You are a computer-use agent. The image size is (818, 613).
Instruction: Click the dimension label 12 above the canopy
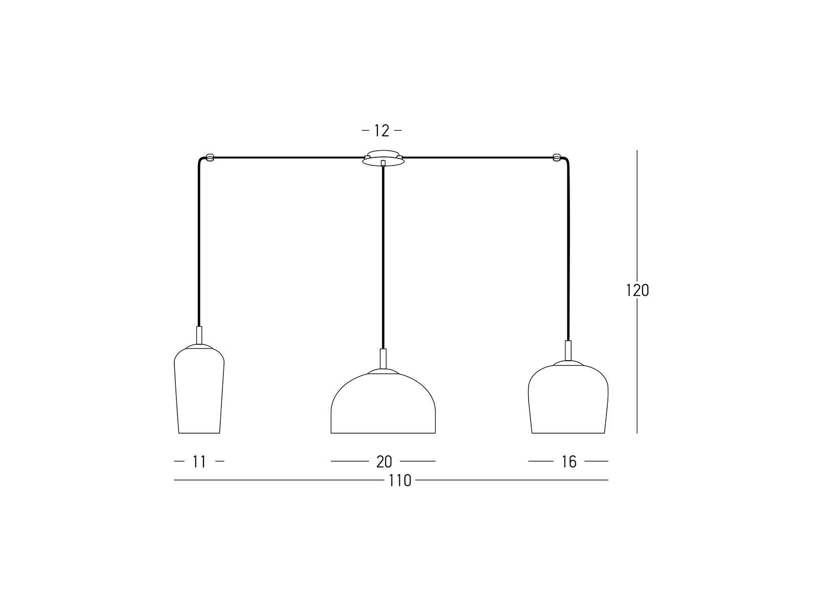pos(381,131)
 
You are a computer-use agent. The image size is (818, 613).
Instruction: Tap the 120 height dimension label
pos(637,290)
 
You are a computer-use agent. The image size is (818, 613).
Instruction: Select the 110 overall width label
pos(400,481)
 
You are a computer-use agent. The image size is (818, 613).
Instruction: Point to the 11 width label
pos(199,462)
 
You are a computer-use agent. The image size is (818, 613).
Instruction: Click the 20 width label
pos(384,462)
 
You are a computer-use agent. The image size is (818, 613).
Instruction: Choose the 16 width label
pos(569,462)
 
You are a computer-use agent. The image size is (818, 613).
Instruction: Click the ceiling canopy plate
pos(383,158)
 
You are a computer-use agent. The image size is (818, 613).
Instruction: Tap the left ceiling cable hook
pos(210,157)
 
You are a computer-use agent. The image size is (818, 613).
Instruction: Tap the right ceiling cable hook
pos(557,157)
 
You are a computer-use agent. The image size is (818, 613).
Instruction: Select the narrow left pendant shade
pos(199,390)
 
